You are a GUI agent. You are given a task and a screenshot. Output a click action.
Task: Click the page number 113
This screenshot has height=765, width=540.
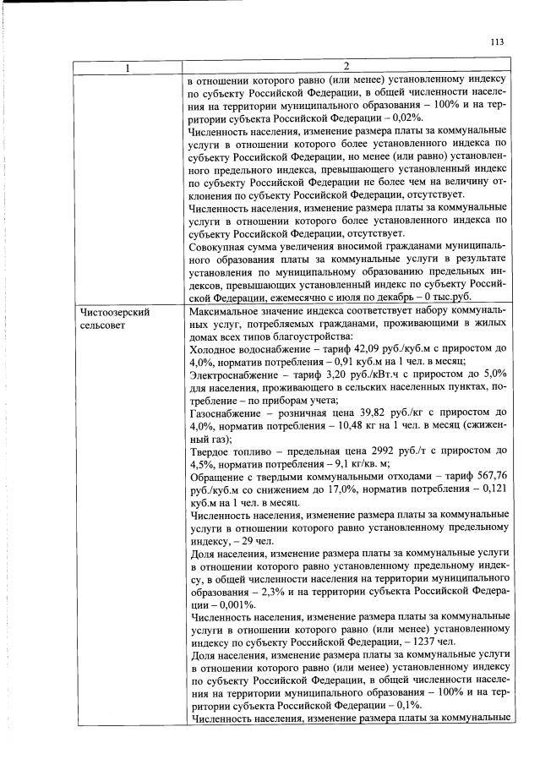[x=496, y=42]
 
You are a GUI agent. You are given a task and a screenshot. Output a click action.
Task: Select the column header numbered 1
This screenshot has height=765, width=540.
[x=128, y=68]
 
